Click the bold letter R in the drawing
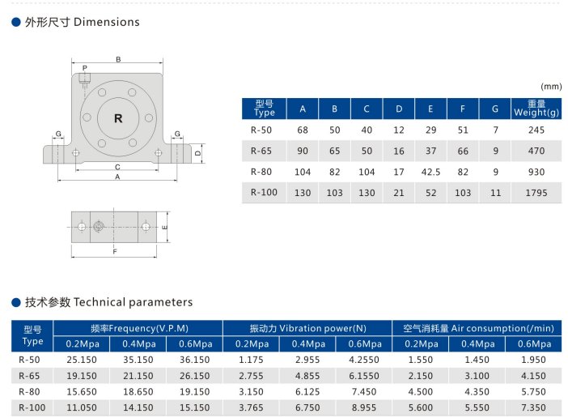[x=118, y=118]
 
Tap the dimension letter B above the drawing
[x=118, y=59]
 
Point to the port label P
[x=85, y=68]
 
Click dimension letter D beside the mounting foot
[x=197, y=153]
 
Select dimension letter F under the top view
[x=115, y=251]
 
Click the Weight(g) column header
[x=536, y=113]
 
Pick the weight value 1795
[x=536, y=193]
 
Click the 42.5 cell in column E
[x=430, y=172]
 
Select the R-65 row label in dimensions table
[x=261, y=151]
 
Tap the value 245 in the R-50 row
[x=536, y=130]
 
